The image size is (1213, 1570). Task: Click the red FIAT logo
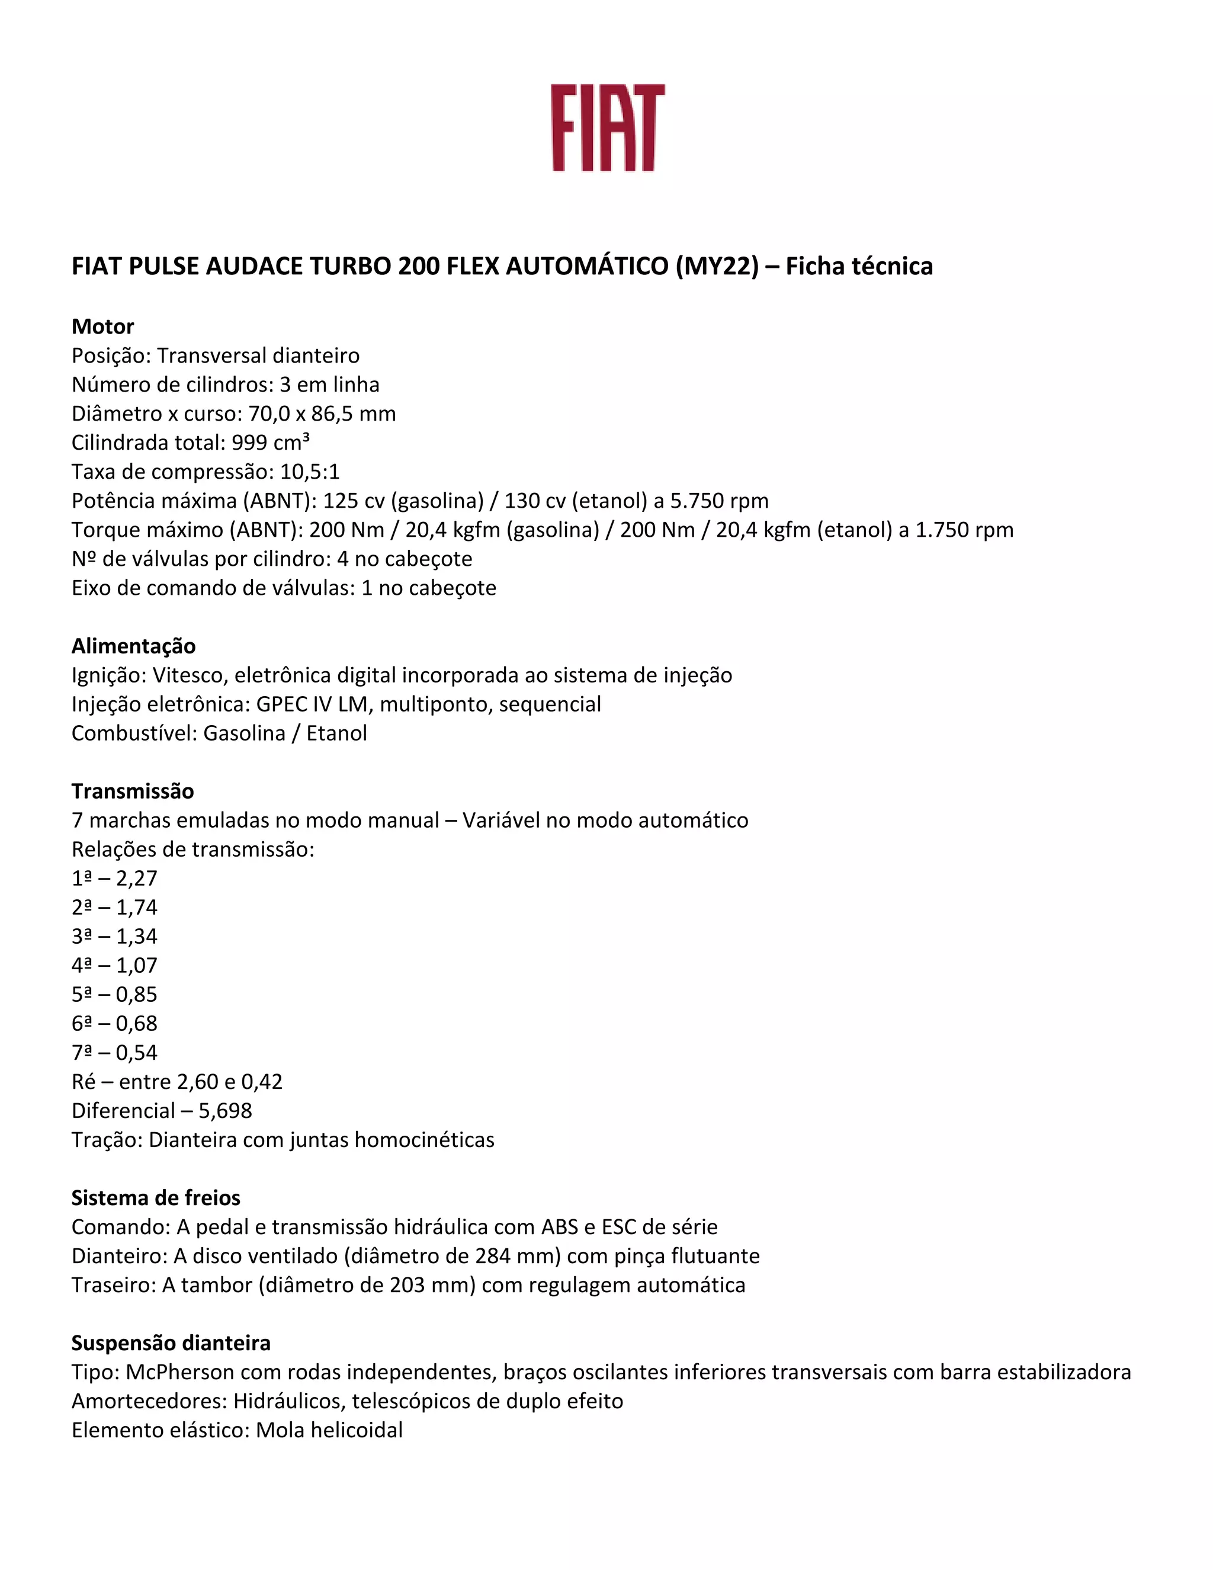[608, 128]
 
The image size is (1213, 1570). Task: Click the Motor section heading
[102, 326]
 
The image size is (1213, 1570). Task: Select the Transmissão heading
[132, 791]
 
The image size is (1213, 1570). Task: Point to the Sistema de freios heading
[155, 1197]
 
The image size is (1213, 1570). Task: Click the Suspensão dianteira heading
[171, 1343]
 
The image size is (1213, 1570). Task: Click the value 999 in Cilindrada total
[249, 443]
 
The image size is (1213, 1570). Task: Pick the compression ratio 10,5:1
[310, 472]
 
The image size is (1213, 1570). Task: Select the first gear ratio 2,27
[137, 879]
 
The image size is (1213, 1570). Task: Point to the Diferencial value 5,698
[226, 1111]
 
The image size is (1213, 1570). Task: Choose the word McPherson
[179, 1372]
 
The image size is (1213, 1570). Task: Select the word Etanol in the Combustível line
[336, 733]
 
